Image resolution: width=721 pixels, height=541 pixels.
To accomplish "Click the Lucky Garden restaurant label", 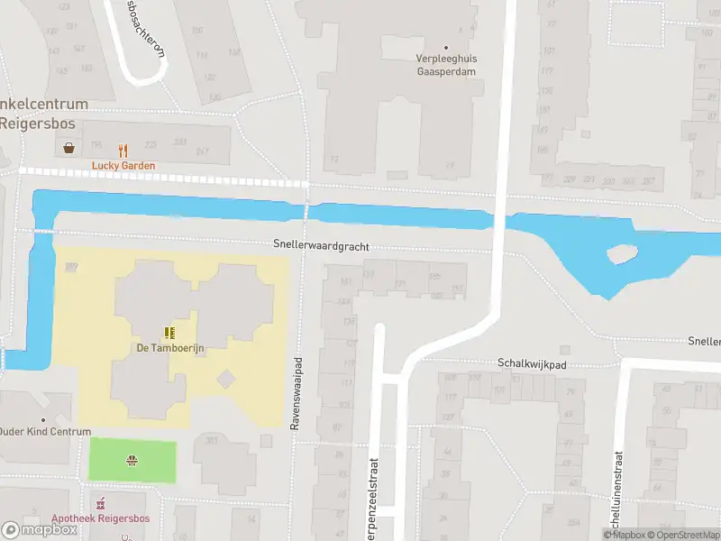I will [x=123, y=166].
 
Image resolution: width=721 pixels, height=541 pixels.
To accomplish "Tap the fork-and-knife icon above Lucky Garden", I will [x=123, y=151].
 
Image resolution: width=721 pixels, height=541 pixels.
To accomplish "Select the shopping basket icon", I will [x=69, y=149].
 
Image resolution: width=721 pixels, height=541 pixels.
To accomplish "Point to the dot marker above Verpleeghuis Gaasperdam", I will [x=444, y=47].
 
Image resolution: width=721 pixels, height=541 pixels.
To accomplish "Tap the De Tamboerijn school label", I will [x=168, y=348].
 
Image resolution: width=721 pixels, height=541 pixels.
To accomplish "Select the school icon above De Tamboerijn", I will [x=168, y=333].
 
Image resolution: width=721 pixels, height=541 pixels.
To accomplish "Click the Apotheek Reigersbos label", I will [x=100, y=518].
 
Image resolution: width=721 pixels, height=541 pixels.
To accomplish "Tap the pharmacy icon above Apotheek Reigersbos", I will [x=101, y=502].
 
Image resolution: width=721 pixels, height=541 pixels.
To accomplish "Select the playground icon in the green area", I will [x=132, y=461].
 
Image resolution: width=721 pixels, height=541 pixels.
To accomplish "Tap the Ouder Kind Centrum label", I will [x=45, y=432].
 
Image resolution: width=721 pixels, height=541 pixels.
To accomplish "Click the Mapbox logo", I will [x=40, y=530].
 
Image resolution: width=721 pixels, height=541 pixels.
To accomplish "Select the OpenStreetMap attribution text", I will [x=680, y=535].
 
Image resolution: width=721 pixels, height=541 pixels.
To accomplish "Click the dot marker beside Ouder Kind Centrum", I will [x=42, y=419].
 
